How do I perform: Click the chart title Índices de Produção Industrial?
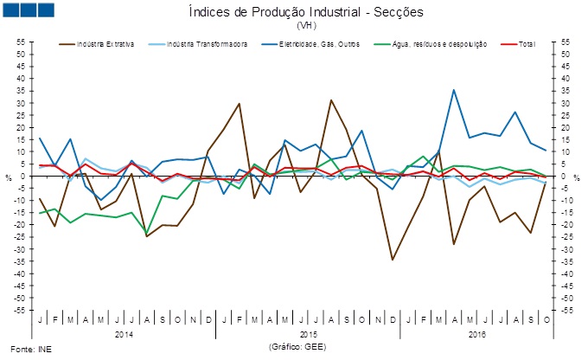point(298,11)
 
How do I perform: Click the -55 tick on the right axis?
point(568,310)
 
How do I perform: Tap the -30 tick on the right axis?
point(568,249)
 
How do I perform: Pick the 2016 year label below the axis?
point(476,333)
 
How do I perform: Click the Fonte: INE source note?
point(23,349)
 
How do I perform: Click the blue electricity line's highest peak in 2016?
point(454,90)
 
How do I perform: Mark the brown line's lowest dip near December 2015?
point(393,260)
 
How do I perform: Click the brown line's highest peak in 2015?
point(331,100)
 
